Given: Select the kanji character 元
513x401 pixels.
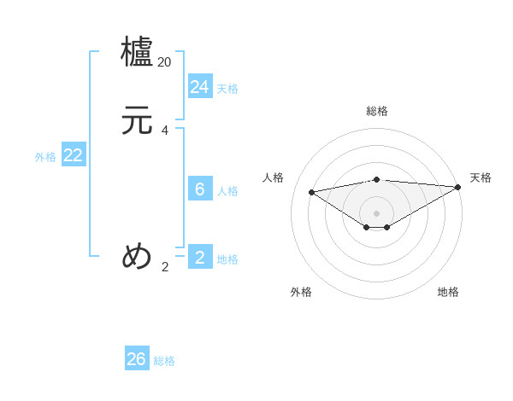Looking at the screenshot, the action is (x=138, y=120).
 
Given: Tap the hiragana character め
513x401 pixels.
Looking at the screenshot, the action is (x=138, y=256).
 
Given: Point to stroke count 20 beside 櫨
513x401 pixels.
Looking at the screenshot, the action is (x=165, y=62).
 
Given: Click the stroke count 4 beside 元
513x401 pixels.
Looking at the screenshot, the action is (x=165, y=131).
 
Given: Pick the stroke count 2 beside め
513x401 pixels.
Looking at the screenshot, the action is (x=165, y=267).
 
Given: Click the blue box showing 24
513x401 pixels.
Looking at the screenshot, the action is (x=200, y=87).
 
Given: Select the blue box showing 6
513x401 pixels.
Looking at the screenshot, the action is (x=200, y=189).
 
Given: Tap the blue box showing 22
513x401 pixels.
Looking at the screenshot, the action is (x=74, y=155).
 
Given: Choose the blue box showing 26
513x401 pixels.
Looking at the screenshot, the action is (x=137, y=359).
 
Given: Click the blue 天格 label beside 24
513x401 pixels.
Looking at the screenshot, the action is (x=227, y=89).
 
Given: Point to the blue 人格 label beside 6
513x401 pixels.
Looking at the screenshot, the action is (x=227, y=191).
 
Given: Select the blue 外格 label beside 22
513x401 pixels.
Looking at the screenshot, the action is (x=45, y=157).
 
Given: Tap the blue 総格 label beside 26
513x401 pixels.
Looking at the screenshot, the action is (x=164, y=361).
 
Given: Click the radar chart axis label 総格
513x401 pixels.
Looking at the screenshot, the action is (x=377, y=111).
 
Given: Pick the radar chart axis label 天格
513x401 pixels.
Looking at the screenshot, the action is (x=481, y=177).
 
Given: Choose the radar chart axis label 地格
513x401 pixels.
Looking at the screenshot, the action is (x=448, y=292).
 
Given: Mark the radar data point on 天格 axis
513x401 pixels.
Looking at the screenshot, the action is (x=458, y=188).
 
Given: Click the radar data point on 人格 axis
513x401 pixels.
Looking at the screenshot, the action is (x=312, y=191).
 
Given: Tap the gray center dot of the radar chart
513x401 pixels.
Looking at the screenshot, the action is (x=377, y=212).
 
